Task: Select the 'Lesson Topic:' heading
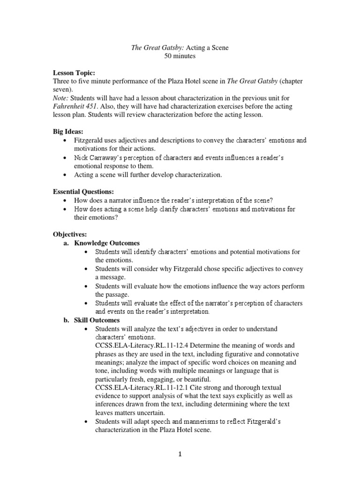74,74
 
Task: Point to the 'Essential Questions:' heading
83,191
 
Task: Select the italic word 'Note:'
60,98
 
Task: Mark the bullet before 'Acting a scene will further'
64,175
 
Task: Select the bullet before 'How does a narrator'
64,200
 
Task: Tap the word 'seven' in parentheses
62,89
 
